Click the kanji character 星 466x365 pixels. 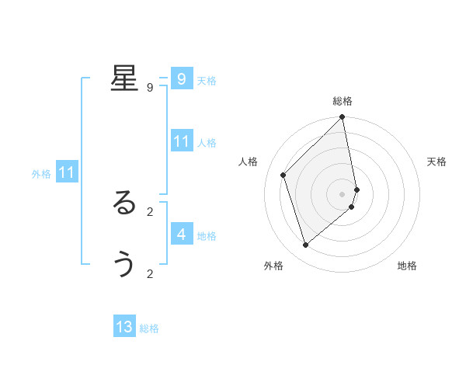124,78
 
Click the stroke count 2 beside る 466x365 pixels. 150,211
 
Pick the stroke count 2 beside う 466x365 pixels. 150,273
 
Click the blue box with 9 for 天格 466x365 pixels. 182,79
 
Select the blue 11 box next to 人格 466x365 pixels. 182,141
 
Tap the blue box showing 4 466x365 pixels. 182,234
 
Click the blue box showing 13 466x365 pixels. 124,327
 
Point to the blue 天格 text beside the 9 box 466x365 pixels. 207,81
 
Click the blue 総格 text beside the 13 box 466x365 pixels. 149,328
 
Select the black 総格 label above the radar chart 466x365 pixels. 343,101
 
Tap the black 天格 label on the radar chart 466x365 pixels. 436,162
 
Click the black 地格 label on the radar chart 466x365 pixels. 407,266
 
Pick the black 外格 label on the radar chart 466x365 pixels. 273,266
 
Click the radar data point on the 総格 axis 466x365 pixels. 343,117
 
